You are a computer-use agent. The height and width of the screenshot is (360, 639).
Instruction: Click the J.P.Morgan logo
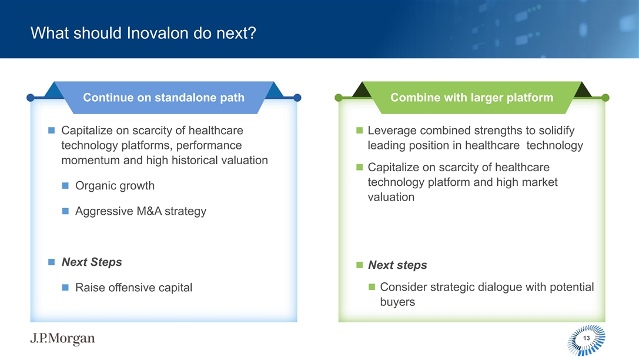click(62, 338)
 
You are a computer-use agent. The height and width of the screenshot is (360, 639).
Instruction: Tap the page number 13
click(587, 338)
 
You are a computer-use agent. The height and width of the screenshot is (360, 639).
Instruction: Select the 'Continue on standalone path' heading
click(164, 98)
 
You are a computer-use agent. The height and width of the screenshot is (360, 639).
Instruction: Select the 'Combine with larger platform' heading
click(472, 98)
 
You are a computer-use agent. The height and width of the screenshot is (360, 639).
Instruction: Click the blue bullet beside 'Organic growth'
click(65, 185)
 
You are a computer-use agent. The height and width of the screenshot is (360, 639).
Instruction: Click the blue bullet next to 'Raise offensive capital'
click(65, 288)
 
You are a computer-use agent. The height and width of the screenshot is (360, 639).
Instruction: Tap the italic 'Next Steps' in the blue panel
click(92, 262)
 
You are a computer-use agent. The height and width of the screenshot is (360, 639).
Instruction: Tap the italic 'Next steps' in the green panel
click(397, 265)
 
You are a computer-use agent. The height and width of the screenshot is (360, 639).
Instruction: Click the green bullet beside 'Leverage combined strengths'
click(359, 131)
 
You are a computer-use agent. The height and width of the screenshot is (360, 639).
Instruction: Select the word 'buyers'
click(397, 302)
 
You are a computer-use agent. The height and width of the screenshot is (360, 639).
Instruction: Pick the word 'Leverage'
click(392, 131)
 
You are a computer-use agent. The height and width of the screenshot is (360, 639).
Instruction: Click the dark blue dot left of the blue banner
click(30, 98)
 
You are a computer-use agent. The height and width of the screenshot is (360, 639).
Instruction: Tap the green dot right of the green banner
click(605, 98)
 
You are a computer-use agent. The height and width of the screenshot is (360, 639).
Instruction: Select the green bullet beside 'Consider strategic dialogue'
click(372, 287)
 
